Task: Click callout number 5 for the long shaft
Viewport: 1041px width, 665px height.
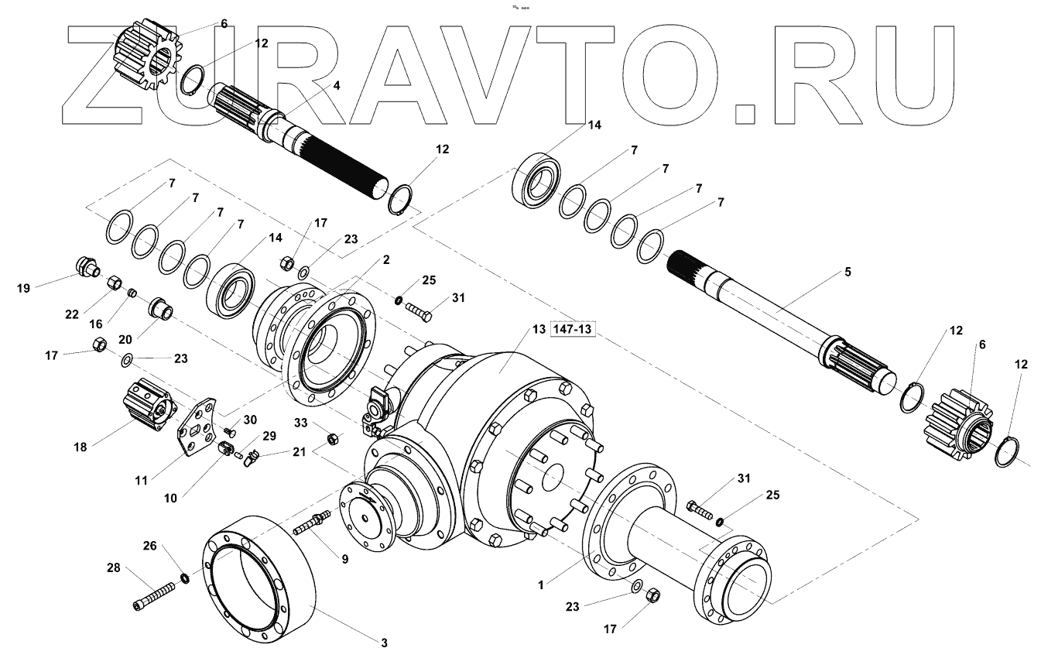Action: (848, 272)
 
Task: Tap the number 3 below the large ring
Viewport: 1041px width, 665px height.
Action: (383, 643)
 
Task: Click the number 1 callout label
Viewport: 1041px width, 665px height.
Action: (542, 585)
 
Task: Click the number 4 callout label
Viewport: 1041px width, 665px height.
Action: (336, 87)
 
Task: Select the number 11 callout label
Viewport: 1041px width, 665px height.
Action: (141, 481)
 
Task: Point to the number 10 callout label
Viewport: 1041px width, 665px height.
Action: (170, 499)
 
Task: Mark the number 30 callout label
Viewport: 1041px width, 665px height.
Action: (250, 420)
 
